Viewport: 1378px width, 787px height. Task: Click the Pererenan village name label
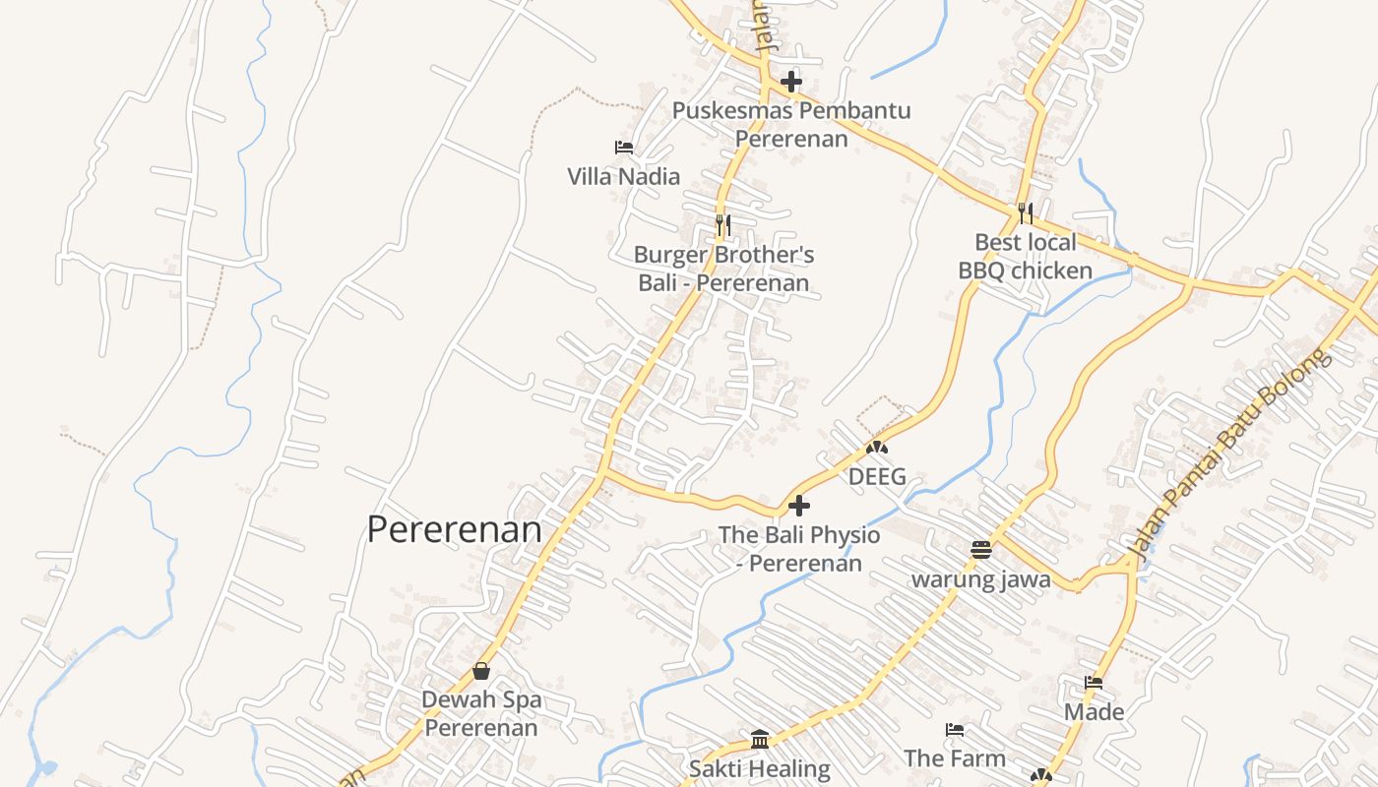coord(454,530)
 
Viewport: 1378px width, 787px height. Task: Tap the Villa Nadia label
coord(623,177)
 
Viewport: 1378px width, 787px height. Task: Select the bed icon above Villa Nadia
coord(623,148)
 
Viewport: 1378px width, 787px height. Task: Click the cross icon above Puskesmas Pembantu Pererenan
coord(791,82)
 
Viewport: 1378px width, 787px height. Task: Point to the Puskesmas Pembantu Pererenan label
coord(791,124)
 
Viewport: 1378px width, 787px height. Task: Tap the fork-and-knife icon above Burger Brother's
coord(722,225)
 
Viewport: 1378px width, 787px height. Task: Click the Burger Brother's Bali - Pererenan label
coord(723,270)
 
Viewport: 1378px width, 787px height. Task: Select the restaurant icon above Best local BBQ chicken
coord(1026,212)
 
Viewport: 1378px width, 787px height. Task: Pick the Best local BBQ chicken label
coord(1026,257)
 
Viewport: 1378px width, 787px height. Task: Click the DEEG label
coord(877,477)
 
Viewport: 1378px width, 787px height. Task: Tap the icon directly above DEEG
coord(877,448)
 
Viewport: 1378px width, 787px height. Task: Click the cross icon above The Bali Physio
coord(799,506)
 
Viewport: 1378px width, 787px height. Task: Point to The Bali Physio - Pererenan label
coord(799,549)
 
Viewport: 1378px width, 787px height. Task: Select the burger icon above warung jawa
coord(980,550)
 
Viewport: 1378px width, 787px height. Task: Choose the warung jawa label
coord(980,579)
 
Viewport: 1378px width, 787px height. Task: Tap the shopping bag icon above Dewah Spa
coord(481,671)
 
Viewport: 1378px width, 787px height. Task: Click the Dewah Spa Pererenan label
coord(481,714)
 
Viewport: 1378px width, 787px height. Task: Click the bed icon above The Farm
coord(954,730)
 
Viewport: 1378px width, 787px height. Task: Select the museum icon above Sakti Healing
coord(759,739)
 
